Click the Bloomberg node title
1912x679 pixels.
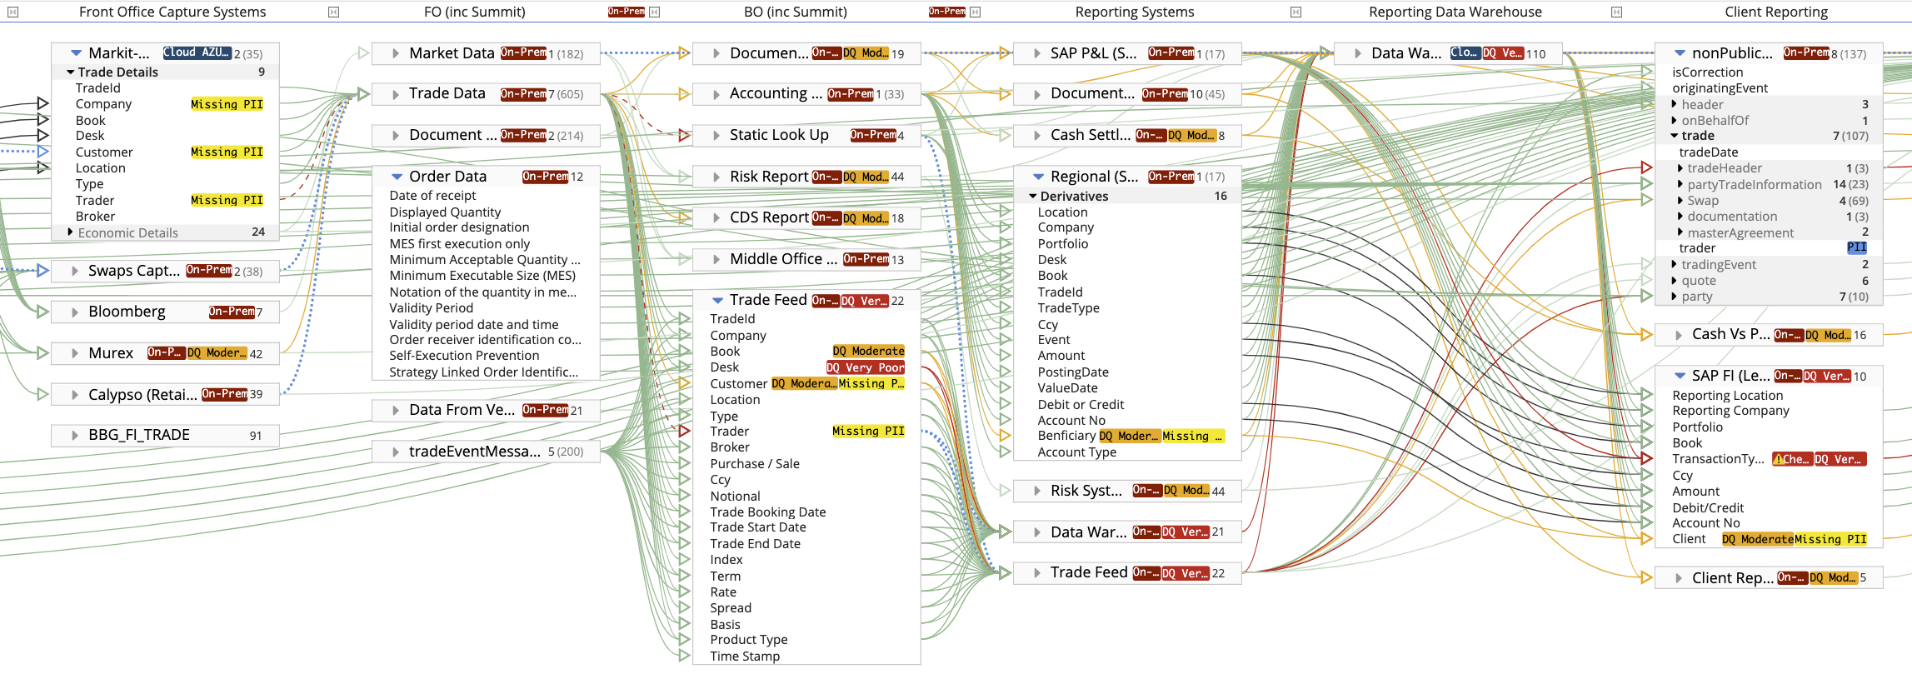click(x=127, y=312)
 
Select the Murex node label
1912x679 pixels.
click(x=111, y=353)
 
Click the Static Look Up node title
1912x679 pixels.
click(x=779, y=135)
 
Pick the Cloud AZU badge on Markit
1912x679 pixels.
click(x=197, y=52)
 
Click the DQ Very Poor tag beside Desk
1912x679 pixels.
click(x=865, y=367)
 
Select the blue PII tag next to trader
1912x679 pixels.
click(x=1856, y=247)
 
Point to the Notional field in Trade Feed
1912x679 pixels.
click(x=735, y=497)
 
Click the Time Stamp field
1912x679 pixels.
click(x=745, y=657)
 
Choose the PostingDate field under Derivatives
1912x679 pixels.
click(x=1073, y=372)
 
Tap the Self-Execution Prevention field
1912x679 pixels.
click(x=464, y=356)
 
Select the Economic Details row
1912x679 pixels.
click(x=128, y=233)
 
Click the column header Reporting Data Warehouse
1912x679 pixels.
click(x=1455, y=12)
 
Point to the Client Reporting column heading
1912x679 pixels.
click(x=1776, y=12)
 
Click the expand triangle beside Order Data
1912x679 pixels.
click(x=397, y=177)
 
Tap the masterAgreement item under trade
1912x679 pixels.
click(x=1740, y=233)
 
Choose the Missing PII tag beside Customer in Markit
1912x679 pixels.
click(x=227, y=152)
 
